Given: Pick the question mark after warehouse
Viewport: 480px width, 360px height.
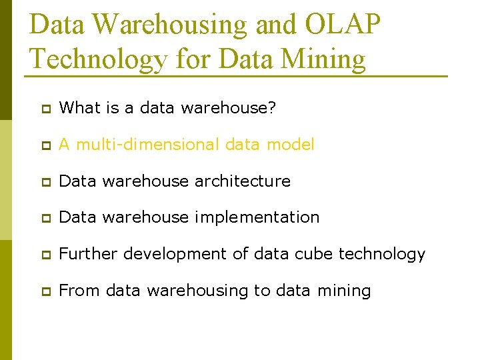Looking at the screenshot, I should click(272, 108).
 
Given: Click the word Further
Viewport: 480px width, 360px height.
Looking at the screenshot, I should click(85, 254).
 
